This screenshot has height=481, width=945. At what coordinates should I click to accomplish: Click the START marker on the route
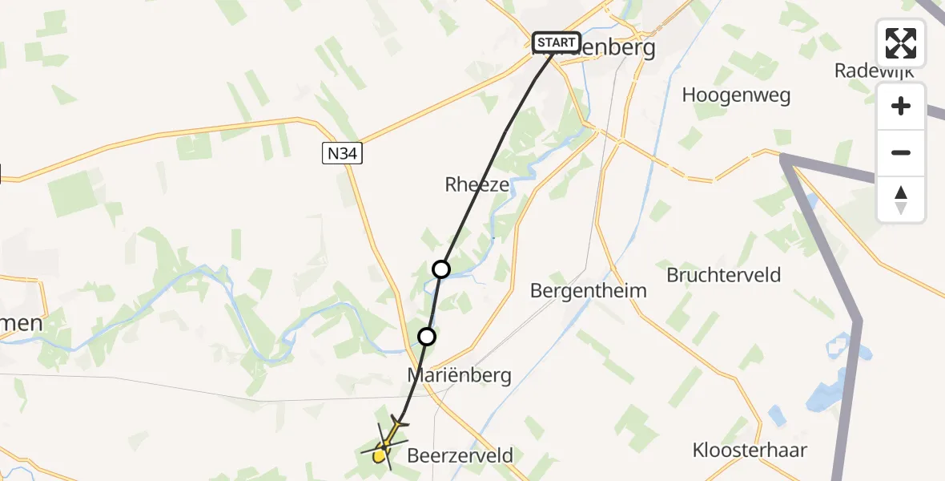click(557, 42)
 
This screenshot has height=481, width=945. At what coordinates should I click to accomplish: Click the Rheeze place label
click(477, 184)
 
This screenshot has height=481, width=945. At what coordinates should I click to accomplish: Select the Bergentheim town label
click(588, 290)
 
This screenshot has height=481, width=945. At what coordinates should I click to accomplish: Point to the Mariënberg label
click(459, 375)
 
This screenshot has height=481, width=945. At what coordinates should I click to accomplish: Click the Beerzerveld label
click(460, 456)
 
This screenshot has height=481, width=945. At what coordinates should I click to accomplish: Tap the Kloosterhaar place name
click(750, 450)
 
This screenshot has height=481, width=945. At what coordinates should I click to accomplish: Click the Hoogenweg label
click(736, 95)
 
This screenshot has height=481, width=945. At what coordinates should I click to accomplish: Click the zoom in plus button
click(901, 107)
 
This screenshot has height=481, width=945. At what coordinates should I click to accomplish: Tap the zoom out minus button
click(901, 152)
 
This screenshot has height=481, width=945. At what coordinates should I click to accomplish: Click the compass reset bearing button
click(901, 199)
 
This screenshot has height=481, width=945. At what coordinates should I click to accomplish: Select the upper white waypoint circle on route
click(441, 269)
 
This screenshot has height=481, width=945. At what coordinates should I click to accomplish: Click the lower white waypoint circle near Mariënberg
click(427, 337)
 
